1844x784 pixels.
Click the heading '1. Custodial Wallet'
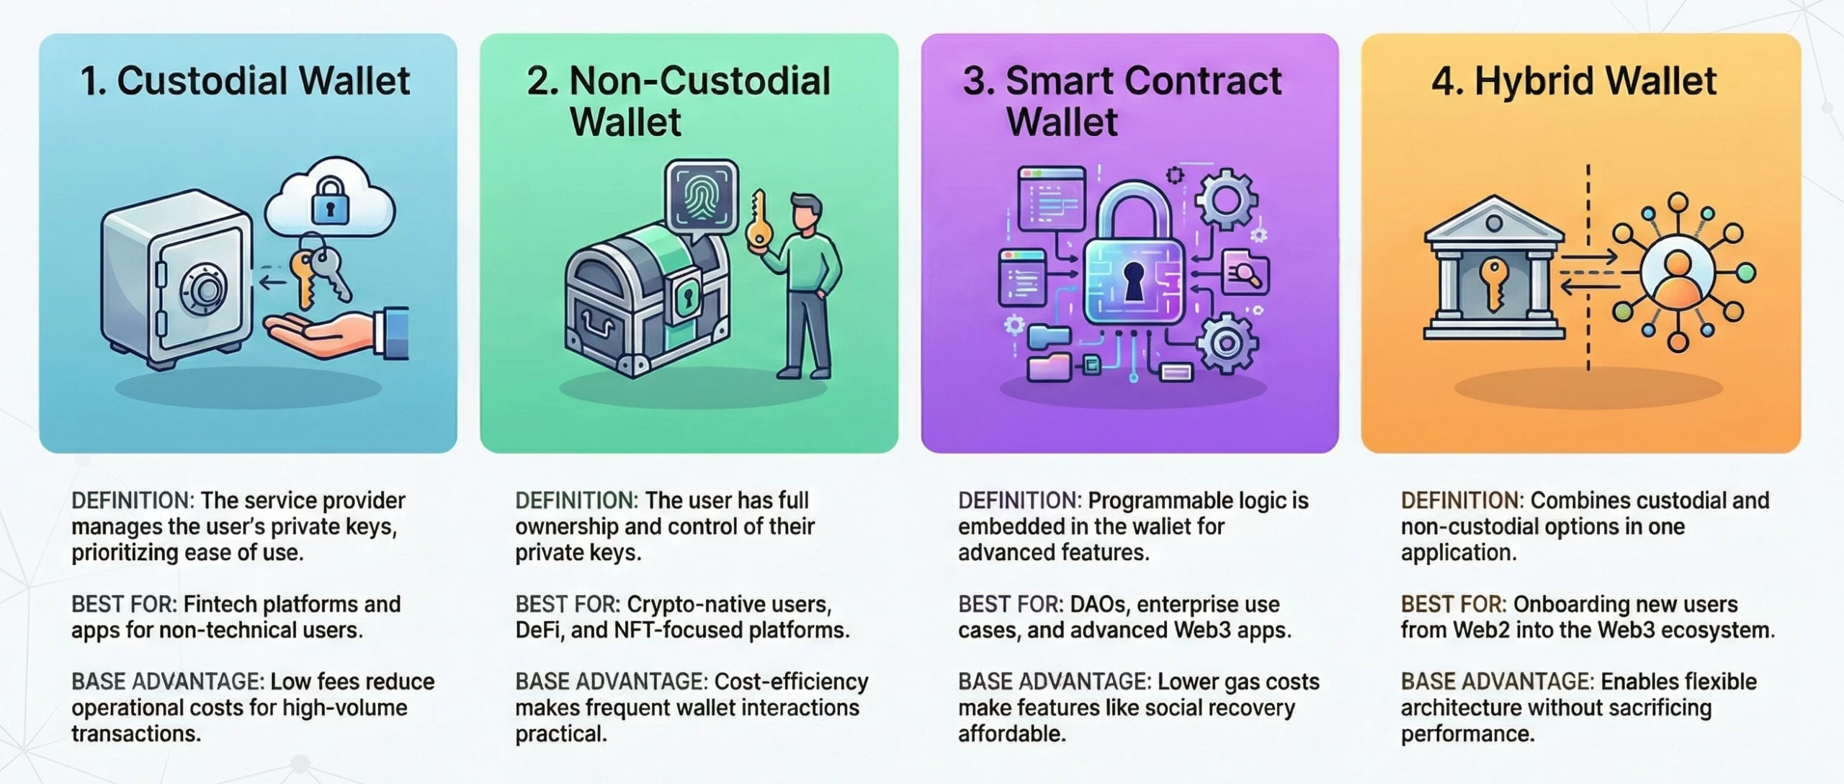click(x=245, y=81)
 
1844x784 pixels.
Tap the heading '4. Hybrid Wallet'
click(x=1574, y=81)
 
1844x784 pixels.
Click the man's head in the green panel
click(x=806, y=214)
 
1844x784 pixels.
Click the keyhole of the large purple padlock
click(x=1133, y=281)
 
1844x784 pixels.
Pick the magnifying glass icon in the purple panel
click(x=1245, y=274)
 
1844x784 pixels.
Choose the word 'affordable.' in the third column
click(x=1011, y=734)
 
